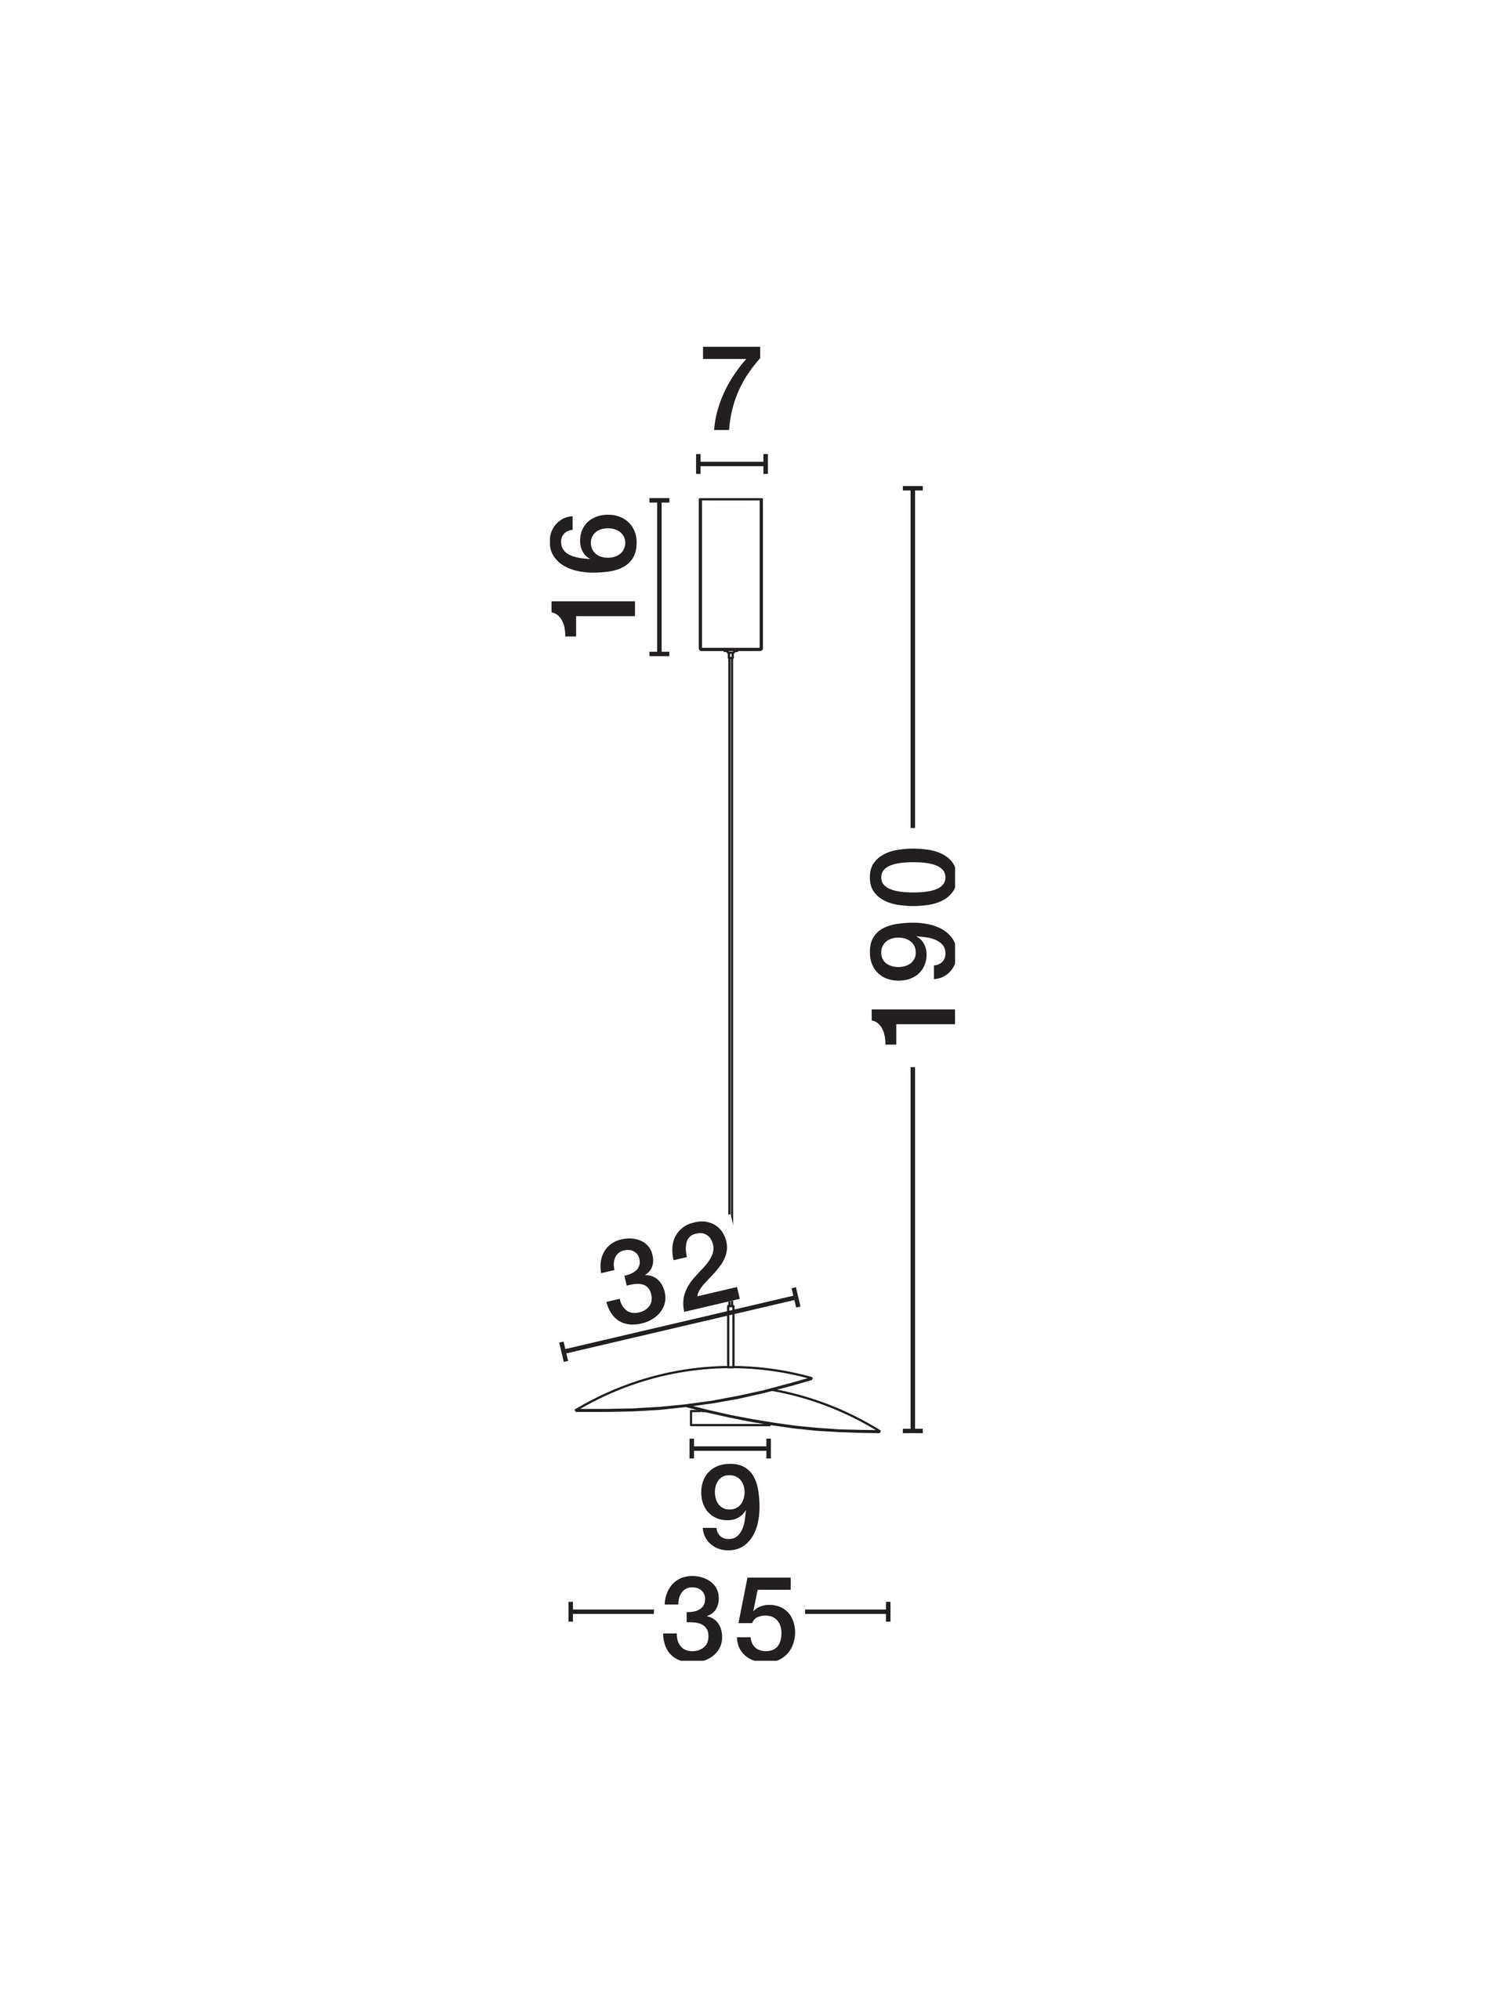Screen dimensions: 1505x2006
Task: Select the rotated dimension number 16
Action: click(x=593, y=577)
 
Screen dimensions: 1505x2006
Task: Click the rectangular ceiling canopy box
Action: click(x=731, y=574)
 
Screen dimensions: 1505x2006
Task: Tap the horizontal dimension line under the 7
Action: click(x=732, y=465)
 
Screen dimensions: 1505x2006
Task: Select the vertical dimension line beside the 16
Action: click(x=659, y=576)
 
